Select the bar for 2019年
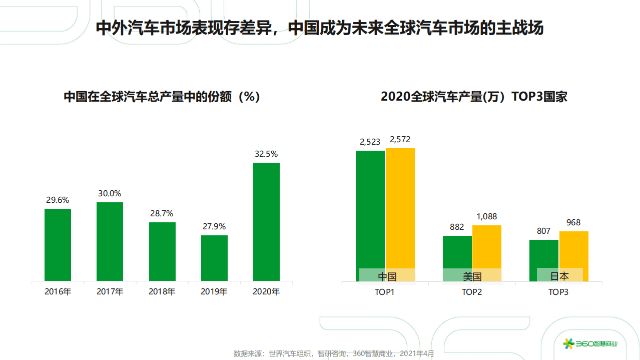(x=214, y=258)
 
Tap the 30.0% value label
(x=110, y=194)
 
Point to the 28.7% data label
(x=162, y=214)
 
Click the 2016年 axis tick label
(x=58, y=291)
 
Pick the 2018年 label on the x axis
(x=162, y=291)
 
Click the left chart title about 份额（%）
(x=162, y=97)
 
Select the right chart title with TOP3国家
(x=474, y=97)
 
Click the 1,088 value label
(x=486, y=217)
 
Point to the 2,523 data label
(x=370, y=142)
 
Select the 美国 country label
(x=472, y=276)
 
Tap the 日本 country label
(x=559, y=276)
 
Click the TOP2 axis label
(x=472, y=292)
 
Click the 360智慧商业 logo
(x=590, y=343)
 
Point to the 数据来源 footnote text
(x=334, y=353)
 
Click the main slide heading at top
(x=319, y=29)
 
